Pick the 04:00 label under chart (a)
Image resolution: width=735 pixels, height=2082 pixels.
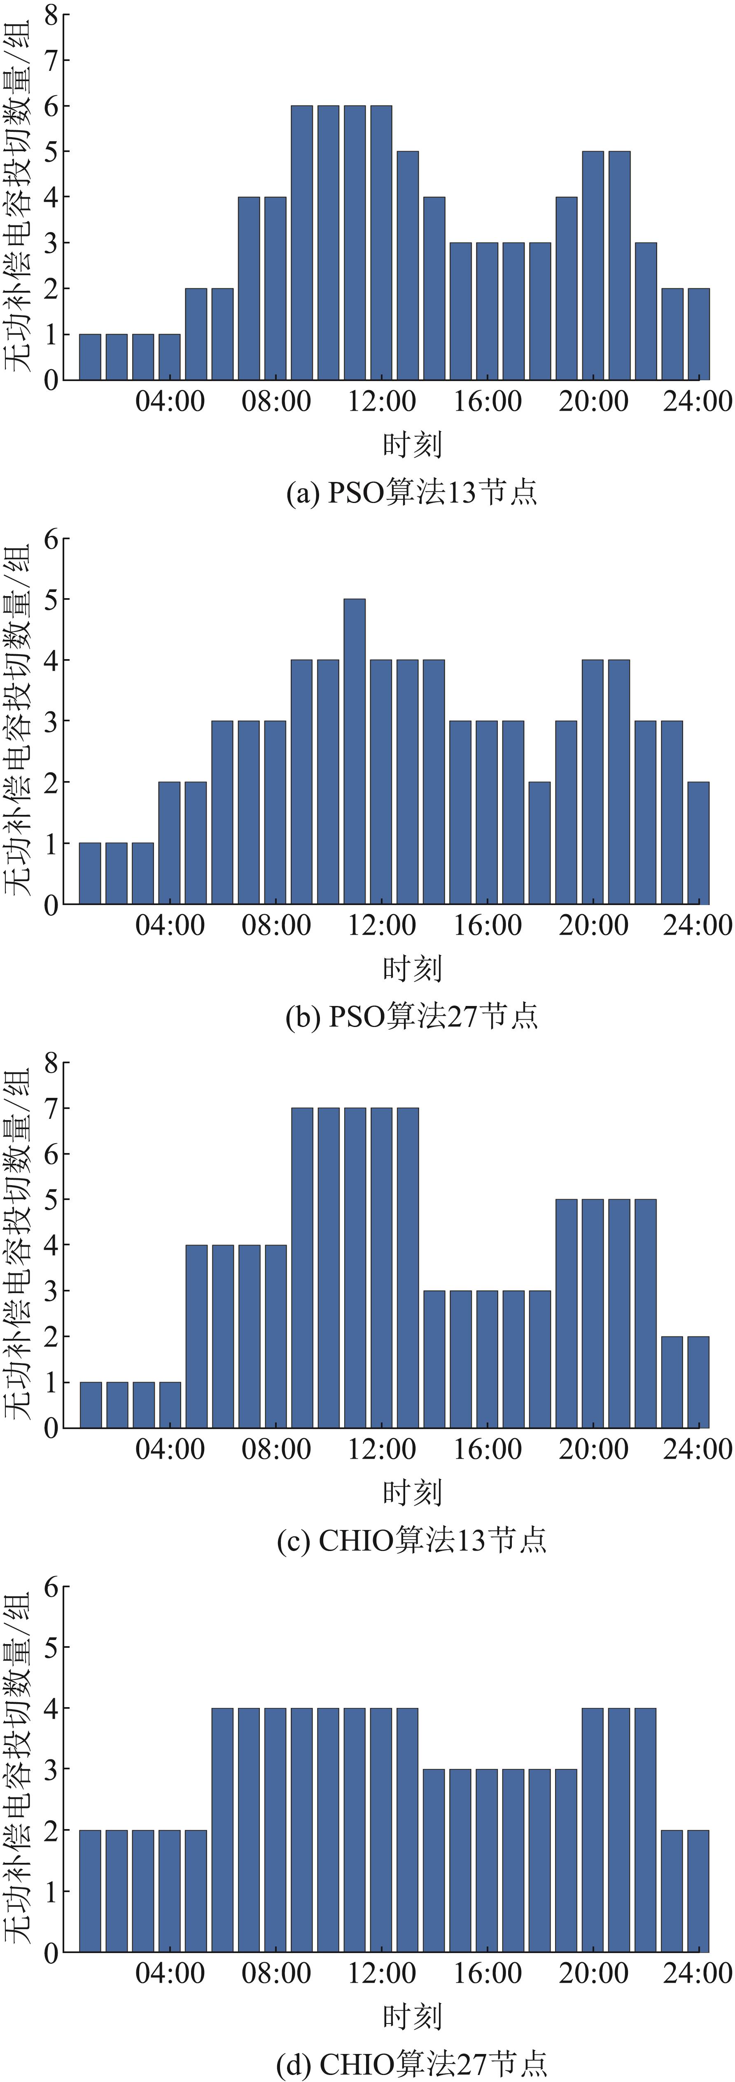coord(170,401)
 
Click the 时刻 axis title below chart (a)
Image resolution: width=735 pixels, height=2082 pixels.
coord(412,444)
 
